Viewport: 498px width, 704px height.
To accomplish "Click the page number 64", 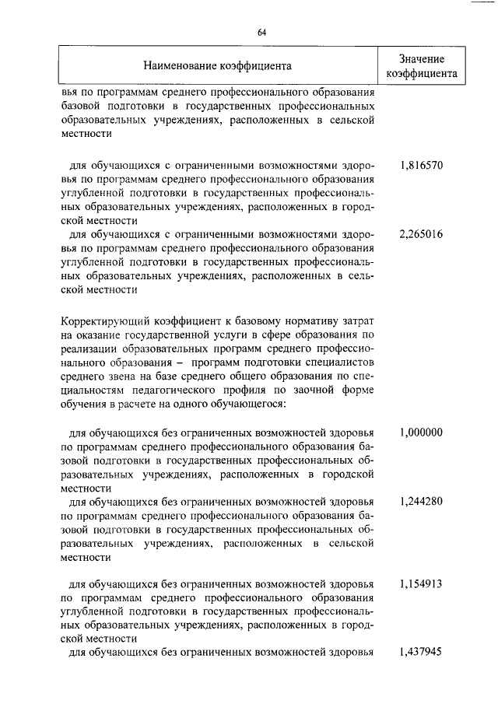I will coord(262,32).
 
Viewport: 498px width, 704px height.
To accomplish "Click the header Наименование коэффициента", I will coord(217,66).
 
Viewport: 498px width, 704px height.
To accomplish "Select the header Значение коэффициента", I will coord(421,67).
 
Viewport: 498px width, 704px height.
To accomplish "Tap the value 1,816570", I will coord(421,166).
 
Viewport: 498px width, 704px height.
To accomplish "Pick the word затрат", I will coord(359,320).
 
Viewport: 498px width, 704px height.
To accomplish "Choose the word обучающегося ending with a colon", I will coord(247,405).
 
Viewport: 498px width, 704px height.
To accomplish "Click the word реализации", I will coord(89,348).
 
